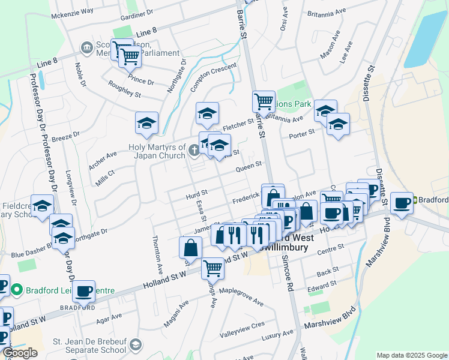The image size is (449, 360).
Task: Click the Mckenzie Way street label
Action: click(72, 12)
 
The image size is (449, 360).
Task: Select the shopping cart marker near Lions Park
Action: click(264, 101)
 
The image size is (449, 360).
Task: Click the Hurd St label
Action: click(196, 193)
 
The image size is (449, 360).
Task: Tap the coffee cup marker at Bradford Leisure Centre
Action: click(84, 290)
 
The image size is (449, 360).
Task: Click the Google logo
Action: click(20, 353)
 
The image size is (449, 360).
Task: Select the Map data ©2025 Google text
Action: click(411, 355)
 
